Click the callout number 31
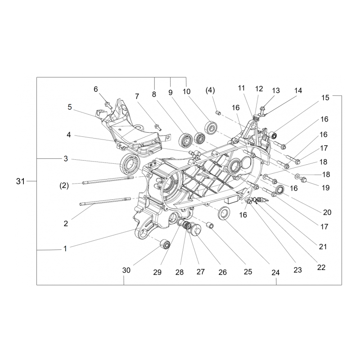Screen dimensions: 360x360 click(20, 181)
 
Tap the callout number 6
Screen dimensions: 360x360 click(96, 89)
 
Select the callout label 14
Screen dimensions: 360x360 click(298, 90)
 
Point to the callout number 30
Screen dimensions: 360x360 click(126, 270)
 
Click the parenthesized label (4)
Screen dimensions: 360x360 click(210, 90)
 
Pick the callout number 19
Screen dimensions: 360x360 click(325, 188)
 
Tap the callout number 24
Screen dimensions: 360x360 click(275, 273)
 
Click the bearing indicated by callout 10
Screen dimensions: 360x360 click(211, 127)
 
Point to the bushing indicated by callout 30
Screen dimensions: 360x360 click(165, 243)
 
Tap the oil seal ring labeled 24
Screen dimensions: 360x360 click(224, 213)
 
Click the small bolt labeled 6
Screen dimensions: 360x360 click(108, 105)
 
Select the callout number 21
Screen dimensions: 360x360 click(323, 247)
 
